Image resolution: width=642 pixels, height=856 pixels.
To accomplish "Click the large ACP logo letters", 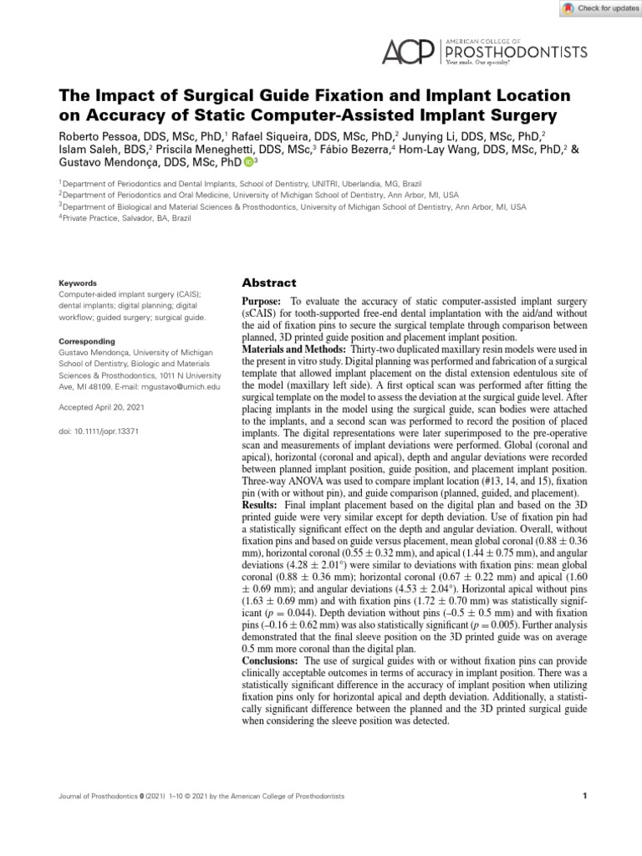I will click(x=409, y=52).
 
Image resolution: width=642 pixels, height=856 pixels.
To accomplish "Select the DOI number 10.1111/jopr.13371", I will click(x=108, y=431).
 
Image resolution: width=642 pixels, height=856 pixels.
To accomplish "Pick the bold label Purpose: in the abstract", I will click(x=262, y=300).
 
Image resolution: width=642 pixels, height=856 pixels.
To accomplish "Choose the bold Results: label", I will click(x=259, y=506).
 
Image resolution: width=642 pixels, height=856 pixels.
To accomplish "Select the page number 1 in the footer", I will click(x=584, y=797).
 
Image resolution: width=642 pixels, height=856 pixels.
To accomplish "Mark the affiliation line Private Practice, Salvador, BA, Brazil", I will click(x=126, y=218).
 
